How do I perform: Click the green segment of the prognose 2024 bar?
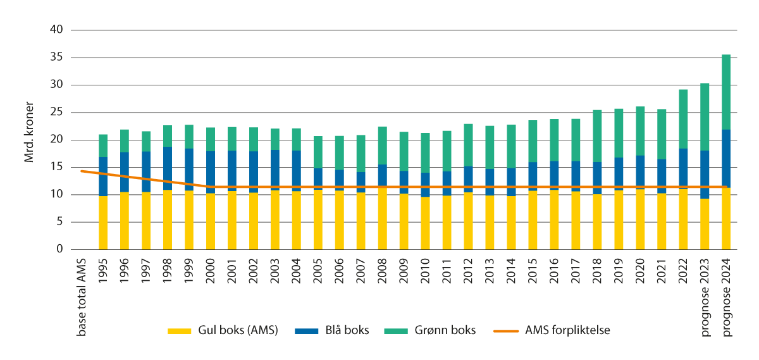coord(726,92)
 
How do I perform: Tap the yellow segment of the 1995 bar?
coord(103,223)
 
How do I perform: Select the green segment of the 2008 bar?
coord(382,146)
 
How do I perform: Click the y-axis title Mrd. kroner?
coord(30,139)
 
